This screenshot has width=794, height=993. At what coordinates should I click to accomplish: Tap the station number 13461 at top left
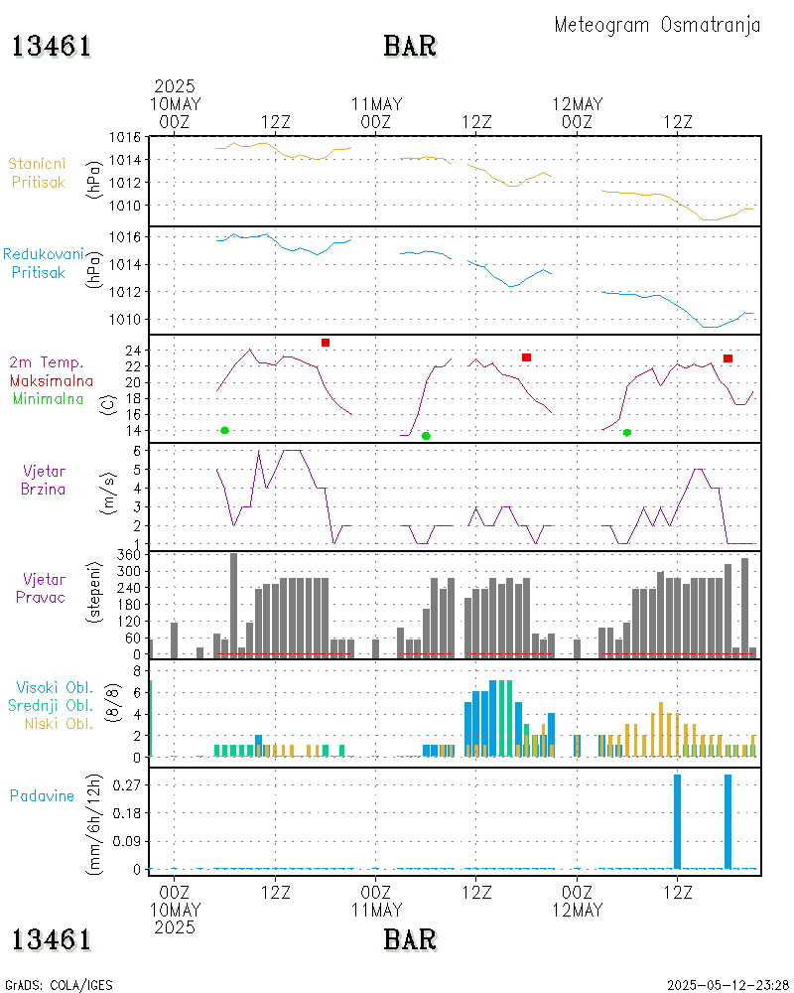(x=52, y=47)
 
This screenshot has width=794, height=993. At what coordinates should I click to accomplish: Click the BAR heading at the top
(x=410, y=47)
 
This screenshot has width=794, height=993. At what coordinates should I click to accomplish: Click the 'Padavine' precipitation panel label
(x=42, y=795)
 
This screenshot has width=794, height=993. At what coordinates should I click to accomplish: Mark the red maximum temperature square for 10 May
(x=326, y=343)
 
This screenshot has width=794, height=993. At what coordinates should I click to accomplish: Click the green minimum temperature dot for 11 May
(x=426, y=436)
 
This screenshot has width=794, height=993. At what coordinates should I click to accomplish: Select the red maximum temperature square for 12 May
(x=728, y=358)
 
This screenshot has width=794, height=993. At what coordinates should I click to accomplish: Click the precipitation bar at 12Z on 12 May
(x=678, y=821)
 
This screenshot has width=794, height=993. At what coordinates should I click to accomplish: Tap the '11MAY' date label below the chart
(x=376, y=910)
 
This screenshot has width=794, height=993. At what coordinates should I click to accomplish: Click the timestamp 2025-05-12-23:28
(x=728, y=985)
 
